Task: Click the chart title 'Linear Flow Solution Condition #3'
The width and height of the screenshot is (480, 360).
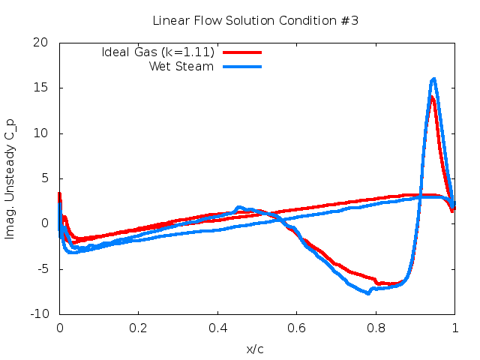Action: (255, 20)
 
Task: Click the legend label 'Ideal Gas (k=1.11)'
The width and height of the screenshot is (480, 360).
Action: (158, 52)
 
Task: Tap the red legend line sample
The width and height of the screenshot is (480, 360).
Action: (241, 52)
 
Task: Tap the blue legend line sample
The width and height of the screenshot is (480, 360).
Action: (241, 66)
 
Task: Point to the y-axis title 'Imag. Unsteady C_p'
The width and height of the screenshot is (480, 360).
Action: (10, 178)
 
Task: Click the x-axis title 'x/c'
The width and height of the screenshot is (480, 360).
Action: (255, 349)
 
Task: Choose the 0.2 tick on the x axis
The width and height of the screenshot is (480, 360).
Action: (138, 328)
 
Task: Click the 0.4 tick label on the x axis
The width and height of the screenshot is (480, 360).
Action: (217, 328)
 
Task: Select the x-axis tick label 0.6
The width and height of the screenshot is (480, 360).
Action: (297, 328)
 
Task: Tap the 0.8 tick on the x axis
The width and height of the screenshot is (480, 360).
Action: (376, 328)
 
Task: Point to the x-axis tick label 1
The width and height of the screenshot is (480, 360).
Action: (454, 328)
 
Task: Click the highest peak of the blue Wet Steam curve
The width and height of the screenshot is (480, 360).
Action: (433, 79)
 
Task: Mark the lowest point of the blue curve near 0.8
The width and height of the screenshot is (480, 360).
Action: (368, 293)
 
